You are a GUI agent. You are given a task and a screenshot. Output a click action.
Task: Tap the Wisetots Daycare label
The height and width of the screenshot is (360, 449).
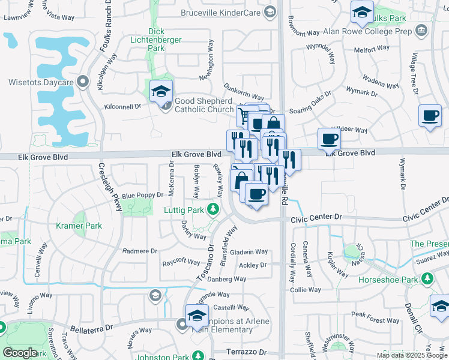[x=41, y=82]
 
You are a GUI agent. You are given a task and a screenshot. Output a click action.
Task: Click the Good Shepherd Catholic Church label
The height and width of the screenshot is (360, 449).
[x=204, y=106]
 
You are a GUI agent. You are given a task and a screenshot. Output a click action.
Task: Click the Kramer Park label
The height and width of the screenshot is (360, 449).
[x=79, y=226]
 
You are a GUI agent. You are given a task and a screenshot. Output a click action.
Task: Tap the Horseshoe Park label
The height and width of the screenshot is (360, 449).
[x=387, y=280]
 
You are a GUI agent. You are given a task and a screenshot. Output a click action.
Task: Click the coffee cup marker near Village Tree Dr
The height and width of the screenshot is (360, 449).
[x=430, y=115]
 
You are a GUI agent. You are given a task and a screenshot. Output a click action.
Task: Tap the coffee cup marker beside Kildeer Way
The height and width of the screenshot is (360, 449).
[x=328, y=139]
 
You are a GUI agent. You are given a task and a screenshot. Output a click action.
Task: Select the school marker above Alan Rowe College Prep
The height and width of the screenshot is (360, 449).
[x=363, y=11]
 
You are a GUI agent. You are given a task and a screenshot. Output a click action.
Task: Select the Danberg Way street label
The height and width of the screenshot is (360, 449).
[x=228, y=279]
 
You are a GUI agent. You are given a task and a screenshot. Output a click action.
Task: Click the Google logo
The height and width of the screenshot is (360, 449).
[x=20, y=353]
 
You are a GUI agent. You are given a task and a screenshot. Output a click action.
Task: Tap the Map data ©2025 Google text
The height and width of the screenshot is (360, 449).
[x=411, y=355]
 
